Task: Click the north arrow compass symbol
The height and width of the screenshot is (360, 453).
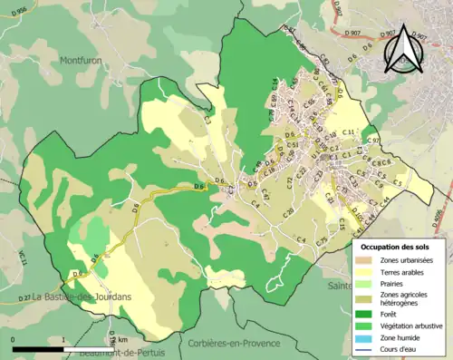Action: [405, 47]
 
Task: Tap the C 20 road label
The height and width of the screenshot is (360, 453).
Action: [288, 212]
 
